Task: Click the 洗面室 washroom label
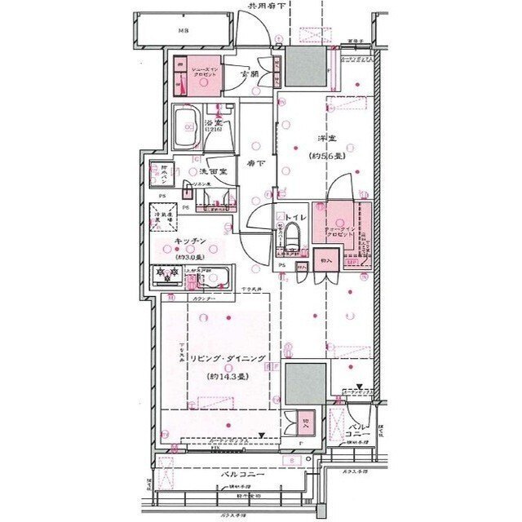click(x=214, y=172)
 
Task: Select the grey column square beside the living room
click(x=305, y=383)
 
